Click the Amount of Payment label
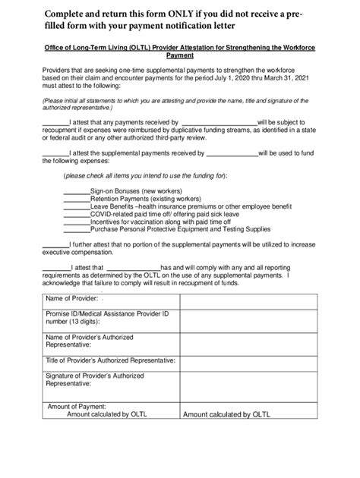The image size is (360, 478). point(77,406)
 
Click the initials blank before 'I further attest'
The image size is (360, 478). point(55,245)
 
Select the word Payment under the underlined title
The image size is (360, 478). point(179,56)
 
